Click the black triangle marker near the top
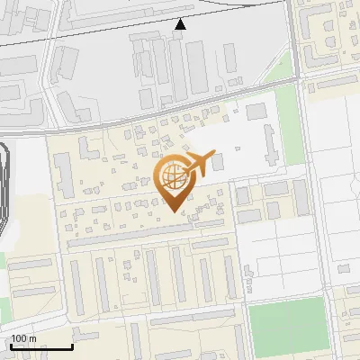(x=181, y=24)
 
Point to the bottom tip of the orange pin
(x=174, y=212)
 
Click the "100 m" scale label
(x=24, y=338)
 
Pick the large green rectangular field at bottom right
(x=286, y=319)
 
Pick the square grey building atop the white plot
(x=256, y=111)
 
